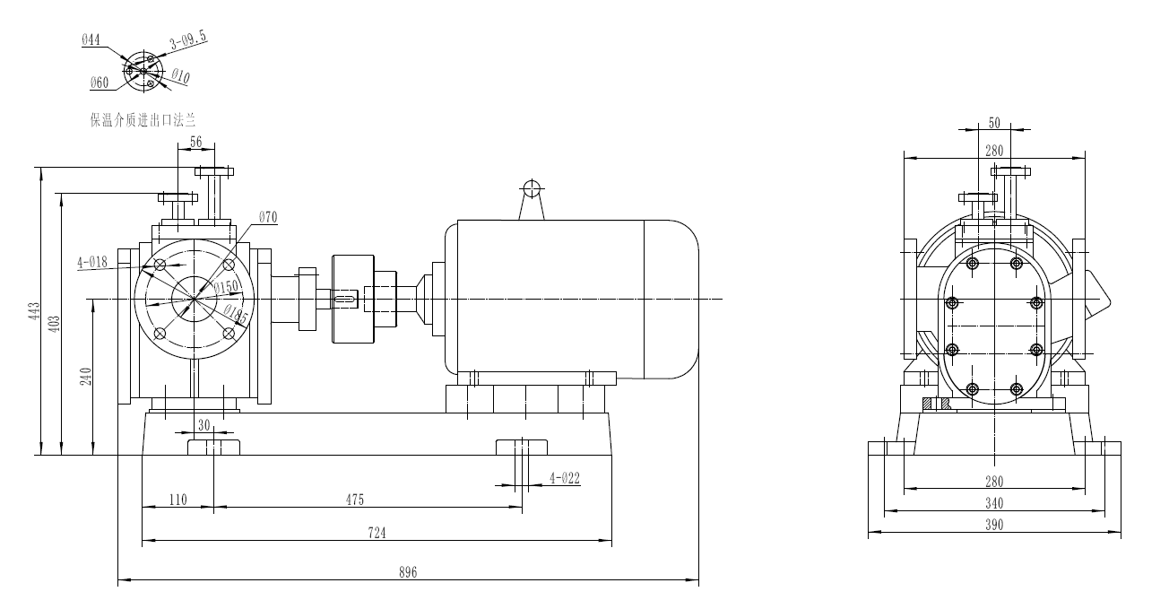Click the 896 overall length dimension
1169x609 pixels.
click(x=407, y=572)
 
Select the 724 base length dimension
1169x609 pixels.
click(x=377, y=532)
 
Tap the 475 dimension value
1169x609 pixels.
click(x=355, y=499)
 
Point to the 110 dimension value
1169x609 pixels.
click(x=178, y=499)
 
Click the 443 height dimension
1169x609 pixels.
click(x=34, y=311)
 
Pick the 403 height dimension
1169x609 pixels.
click(x=54, y=322)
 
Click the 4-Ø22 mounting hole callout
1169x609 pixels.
click(x=564, y=478)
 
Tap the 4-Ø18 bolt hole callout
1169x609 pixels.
click(x=91, y=262)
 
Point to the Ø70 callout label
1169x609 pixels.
click(x=268, y=217)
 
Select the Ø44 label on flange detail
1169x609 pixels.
click(x=91, y=39)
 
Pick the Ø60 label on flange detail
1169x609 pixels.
click(x=99, y=83)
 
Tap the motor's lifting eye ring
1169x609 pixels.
click(x=532, y=188)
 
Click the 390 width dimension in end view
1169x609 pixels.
click(x=994, y=524)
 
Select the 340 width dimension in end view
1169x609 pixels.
click(x=994, y=503)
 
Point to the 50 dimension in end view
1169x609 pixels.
click(x=994, y=122)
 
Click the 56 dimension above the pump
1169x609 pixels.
click(x=196, y=141)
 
